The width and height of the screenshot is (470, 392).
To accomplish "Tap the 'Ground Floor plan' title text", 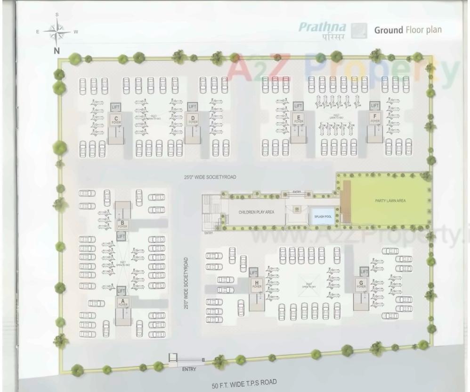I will pos(407,30).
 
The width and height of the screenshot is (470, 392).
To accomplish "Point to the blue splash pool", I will pos(323,216).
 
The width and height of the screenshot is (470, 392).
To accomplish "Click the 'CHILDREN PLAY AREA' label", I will pos(256,212).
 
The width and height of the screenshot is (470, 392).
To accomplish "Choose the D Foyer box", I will pos(193,119).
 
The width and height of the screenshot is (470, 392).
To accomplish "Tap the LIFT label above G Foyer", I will pos(364,272).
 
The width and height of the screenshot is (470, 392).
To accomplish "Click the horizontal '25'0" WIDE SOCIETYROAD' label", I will pos(210,177).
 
